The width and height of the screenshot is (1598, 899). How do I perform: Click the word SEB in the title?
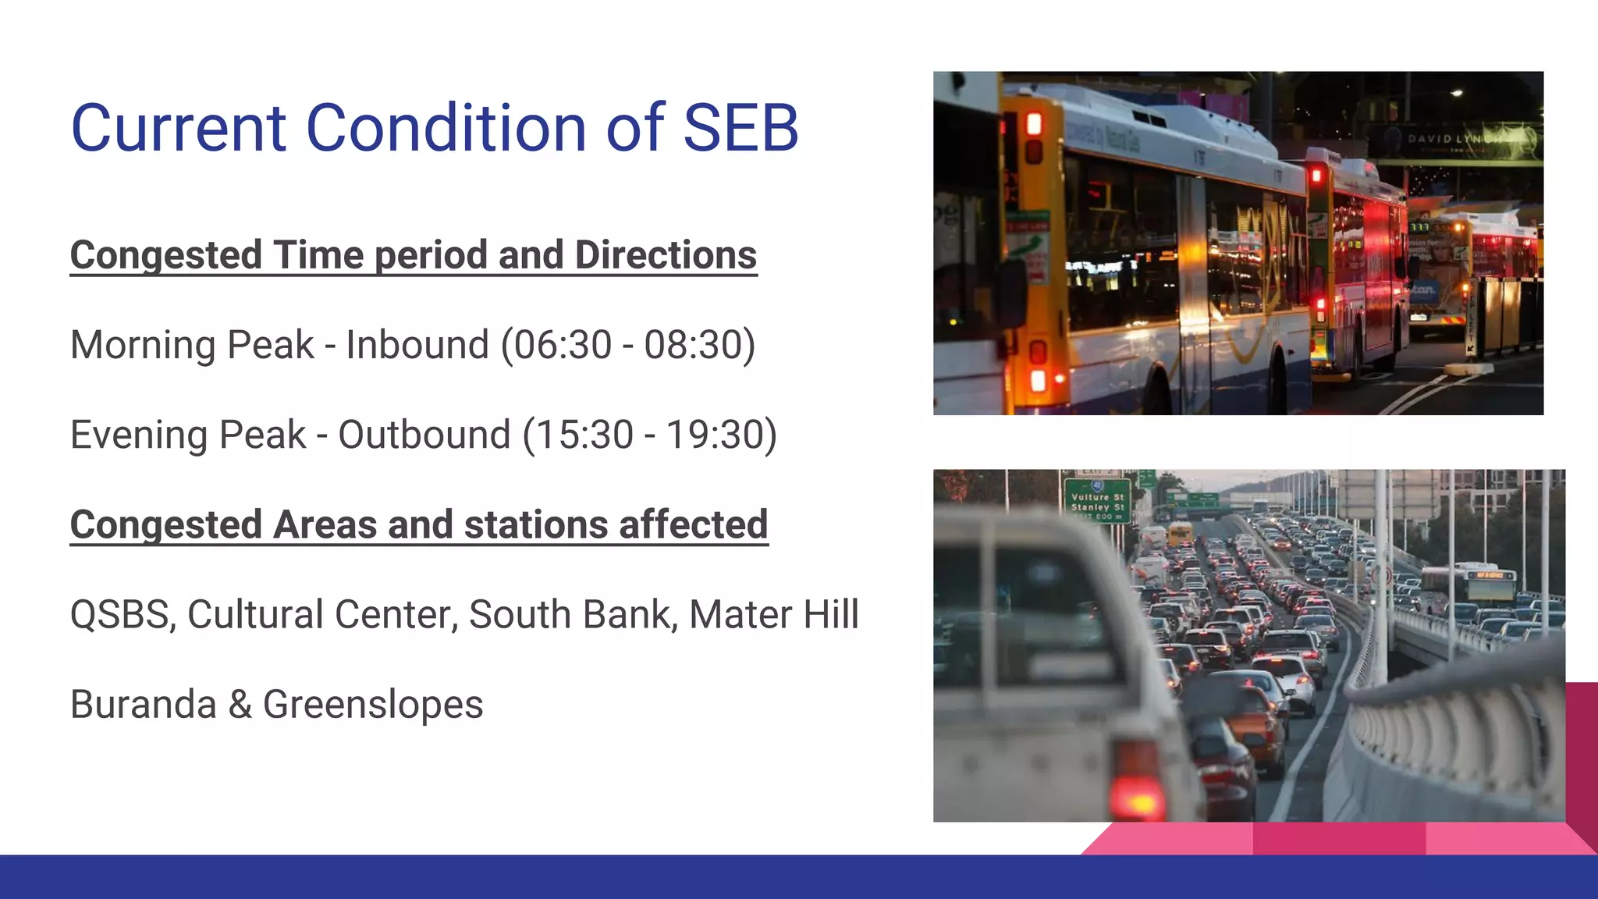click(740, 127)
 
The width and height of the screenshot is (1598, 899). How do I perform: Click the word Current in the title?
click(179, 127)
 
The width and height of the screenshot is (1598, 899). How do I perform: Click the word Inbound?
click(417, 345)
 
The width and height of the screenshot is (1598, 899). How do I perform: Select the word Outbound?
click(424, 435)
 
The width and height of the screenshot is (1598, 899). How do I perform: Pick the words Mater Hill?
click(773, 615)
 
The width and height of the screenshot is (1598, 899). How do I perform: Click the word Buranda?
click(143, 705)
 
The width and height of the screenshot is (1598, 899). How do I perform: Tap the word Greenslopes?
click(373, 705)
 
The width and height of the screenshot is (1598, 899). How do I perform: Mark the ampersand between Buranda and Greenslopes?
click(240, 705)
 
